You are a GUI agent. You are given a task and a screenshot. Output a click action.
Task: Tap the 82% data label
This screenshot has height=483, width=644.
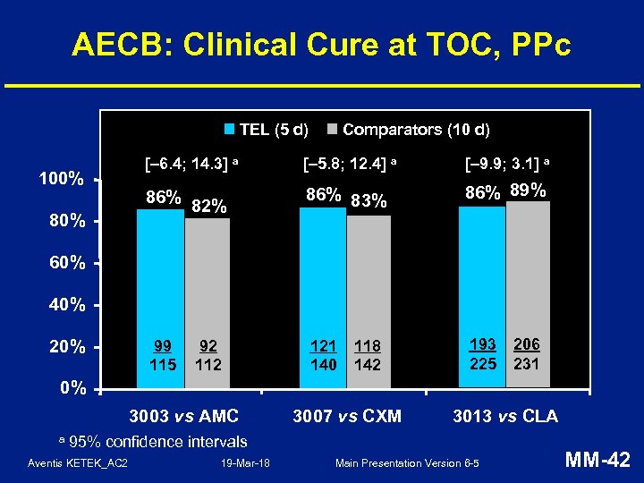pyautogui.click(x=209, y=207)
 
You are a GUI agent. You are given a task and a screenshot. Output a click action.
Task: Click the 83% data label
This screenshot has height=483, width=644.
pyautogui.click(x=369, y=202)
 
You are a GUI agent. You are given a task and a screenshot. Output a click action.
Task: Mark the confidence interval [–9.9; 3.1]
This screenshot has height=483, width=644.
pyautogui.click(x=507, y=164)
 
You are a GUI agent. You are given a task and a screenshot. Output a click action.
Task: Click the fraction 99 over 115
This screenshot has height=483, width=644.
pyautogui.click(x=163, y=355)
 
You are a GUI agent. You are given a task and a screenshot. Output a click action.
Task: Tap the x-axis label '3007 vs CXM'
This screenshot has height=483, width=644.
pyautogui.click(x=347, y=416)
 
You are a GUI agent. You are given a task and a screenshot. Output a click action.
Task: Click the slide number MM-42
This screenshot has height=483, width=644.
pyautogui.click(x=599, y=461)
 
